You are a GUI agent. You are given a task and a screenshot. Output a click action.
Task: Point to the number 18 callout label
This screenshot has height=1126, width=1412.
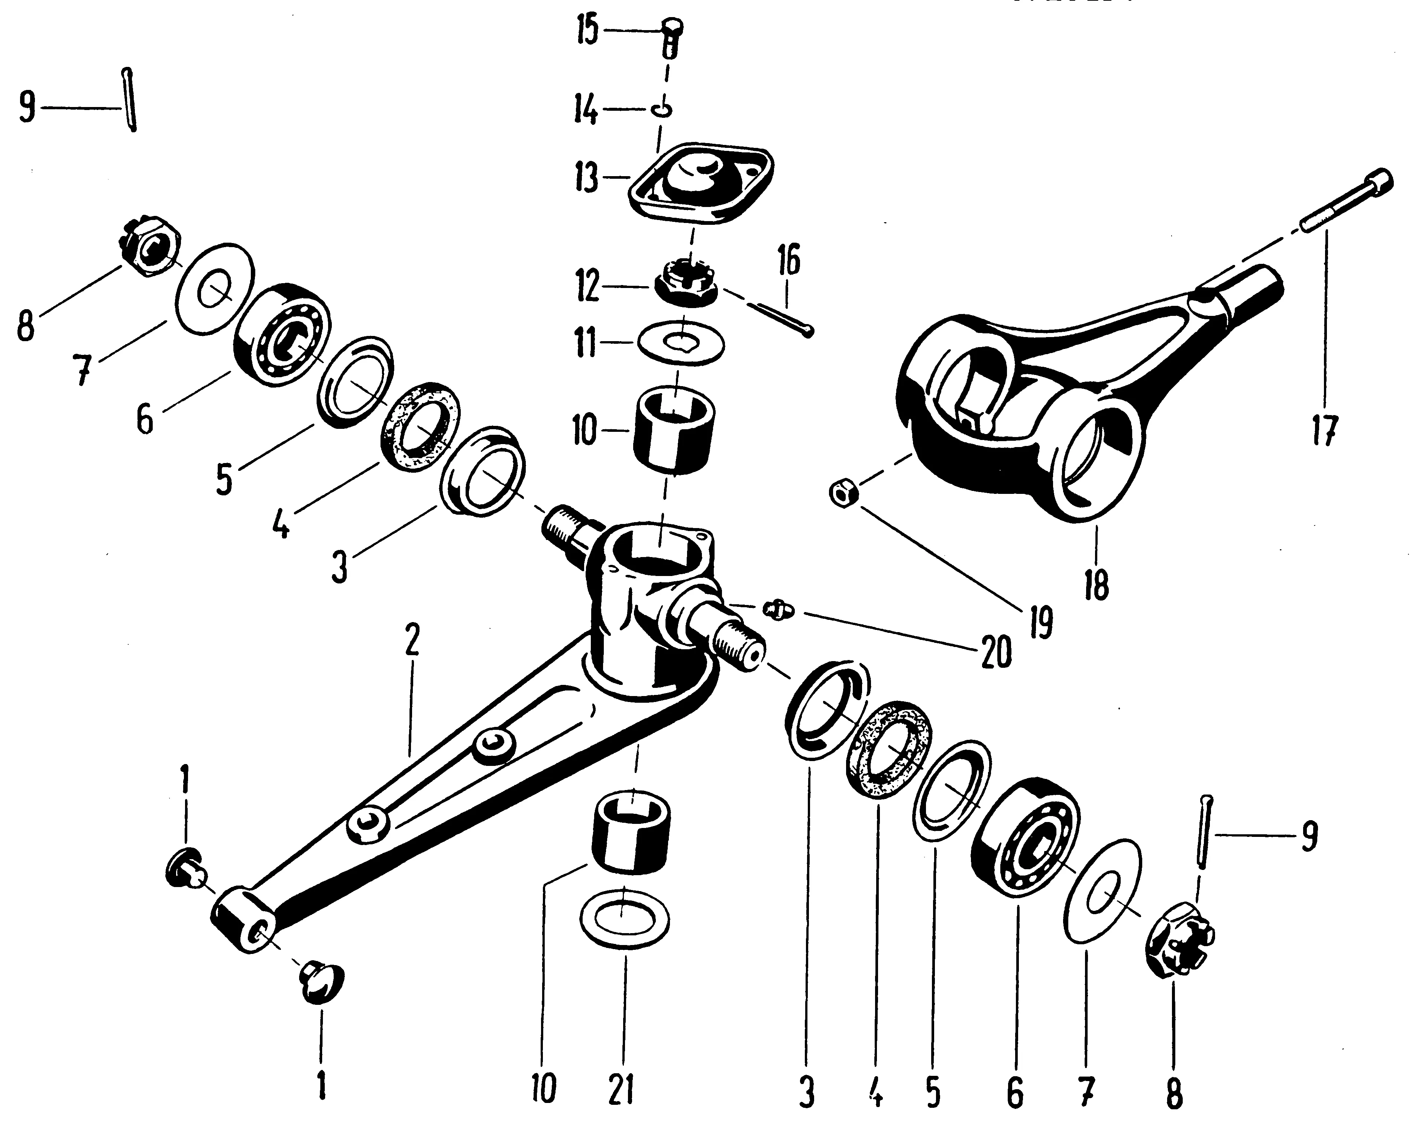[1096, 585]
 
